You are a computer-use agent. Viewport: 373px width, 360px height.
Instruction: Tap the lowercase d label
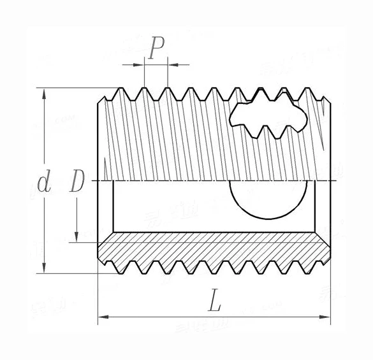[x=43, y=184]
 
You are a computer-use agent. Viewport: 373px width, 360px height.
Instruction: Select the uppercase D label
[x=77, y=182]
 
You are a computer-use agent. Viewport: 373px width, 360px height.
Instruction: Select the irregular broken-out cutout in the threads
[x=267, y=118]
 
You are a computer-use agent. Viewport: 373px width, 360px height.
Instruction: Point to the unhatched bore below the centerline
[x=166, y=207]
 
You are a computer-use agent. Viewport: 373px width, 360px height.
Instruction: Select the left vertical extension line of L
[x=98, y=299]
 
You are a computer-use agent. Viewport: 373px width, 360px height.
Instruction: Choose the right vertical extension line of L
[x=331, y=299]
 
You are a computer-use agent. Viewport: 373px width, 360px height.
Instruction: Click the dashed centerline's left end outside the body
[x=89, y=182]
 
